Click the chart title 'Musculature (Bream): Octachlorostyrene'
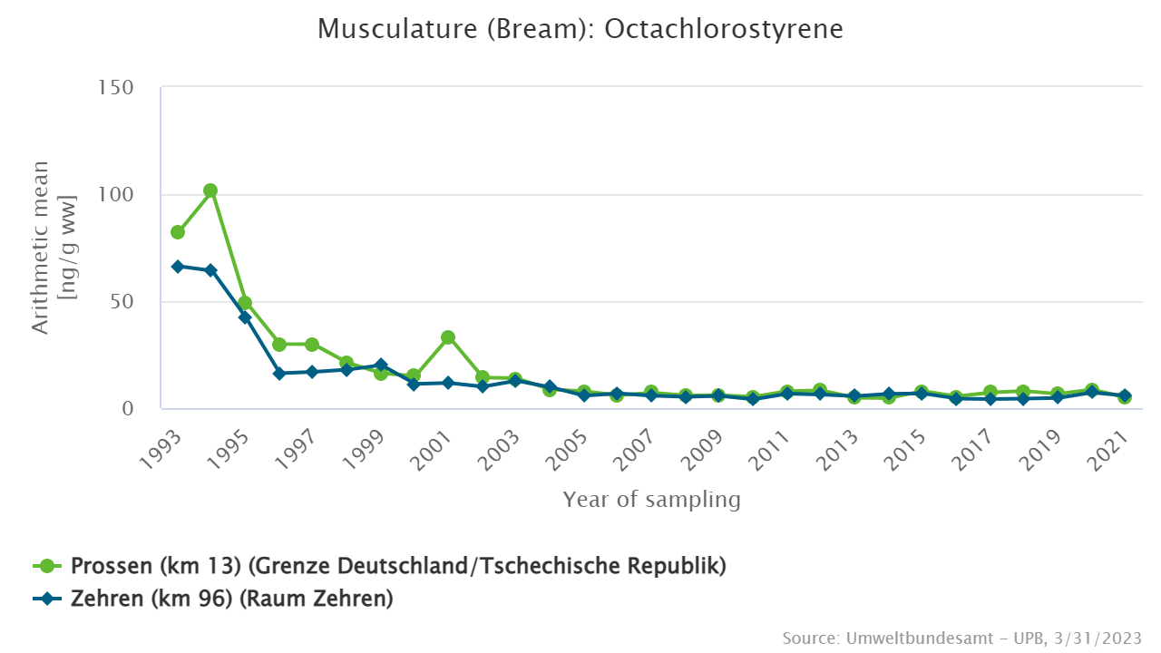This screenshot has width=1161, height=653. [580, 29]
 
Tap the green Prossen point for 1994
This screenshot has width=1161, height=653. [210, 190]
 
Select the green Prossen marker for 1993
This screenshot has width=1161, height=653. [178, 232]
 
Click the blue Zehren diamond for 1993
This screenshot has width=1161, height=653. [178, 267]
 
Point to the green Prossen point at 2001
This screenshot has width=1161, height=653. [448, 337]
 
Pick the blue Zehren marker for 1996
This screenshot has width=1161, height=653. [279, 374]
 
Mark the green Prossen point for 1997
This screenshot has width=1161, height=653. [312, 345]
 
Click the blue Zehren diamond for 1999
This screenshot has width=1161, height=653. [381, 365]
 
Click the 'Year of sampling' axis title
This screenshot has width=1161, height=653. [651, 500]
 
